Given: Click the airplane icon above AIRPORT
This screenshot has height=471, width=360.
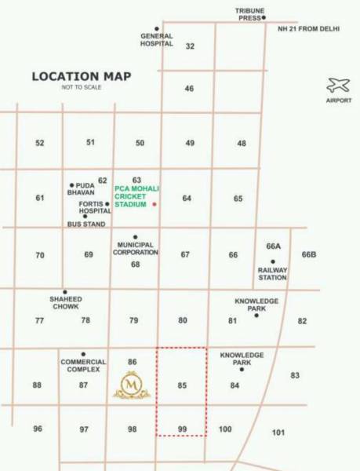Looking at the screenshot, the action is (x=339, y=85).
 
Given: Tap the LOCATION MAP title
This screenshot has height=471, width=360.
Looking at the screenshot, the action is (x=82, y=76).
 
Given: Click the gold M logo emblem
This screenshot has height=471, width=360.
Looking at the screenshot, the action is (x=132, y=385).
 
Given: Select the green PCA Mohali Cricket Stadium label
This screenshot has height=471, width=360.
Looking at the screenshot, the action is (x=131, y=196).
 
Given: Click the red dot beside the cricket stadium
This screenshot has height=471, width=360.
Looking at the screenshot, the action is (x=155, y=204).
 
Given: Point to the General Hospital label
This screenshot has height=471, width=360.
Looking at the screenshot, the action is (x=156, y=40).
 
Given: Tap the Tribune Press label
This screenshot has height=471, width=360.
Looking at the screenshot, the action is (x=250, y=13).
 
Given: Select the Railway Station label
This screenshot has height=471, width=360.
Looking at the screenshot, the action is (x=272, y=273).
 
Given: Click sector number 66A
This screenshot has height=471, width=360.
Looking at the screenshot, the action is (x=274, y=246).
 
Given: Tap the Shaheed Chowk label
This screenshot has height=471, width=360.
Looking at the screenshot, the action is (x=65, y=303).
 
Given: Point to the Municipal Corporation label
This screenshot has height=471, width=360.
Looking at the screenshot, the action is (x=135, y=249).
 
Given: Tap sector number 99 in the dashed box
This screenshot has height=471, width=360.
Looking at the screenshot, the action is (x=182, y=428).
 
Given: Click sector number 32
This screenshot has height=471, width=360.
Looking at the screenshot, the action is (x=190, y=46).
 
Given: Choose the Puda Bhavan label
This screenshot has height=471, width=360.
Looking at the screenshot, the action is (x=81, y=189).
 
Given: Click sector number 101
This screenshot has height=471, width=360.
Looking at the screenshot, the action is (x=278, y=433).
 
